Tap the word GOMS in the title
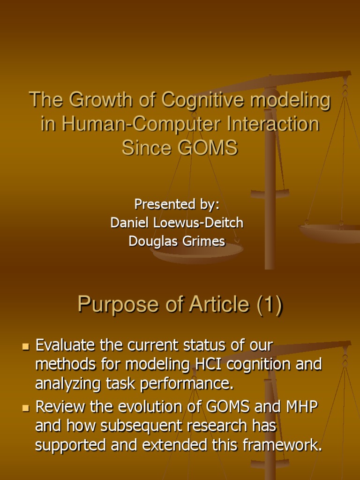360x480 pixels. (210, 148)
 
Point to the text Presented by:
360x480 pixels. (177, 204)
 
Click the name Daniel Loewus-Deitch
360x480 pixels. (177, 223)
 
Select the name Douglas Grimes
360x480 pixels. (177, 241)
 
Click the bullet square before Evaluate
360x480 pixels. (26, 347)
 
